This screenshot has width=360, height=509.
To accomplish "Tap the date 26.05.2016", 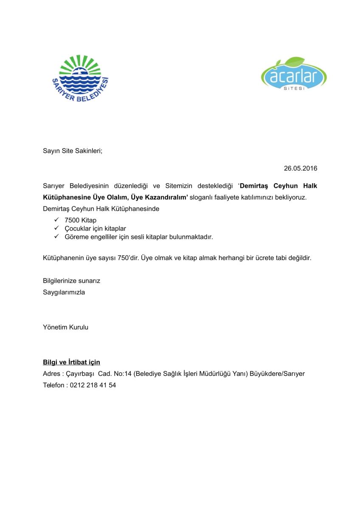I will [x=301, y=168].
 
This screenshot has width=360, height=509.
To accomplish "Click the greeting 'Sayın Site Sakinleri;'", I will [x=73, y=151].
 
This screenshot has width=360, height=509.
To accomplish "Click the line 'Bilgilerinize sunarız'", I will [x=71, y=281].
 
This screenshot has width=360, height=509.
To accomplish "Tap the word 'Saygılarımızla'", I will [x=64, y=292].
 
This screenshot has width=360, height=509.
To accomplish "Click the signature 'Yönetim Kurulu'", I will [x=65, y=327].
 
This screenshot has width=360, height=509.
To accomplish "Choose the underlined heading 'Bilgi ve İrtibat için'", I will [x=71, y=362].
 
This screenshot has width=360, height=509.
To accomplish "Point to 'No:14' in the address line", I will [x=122, y=374].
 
